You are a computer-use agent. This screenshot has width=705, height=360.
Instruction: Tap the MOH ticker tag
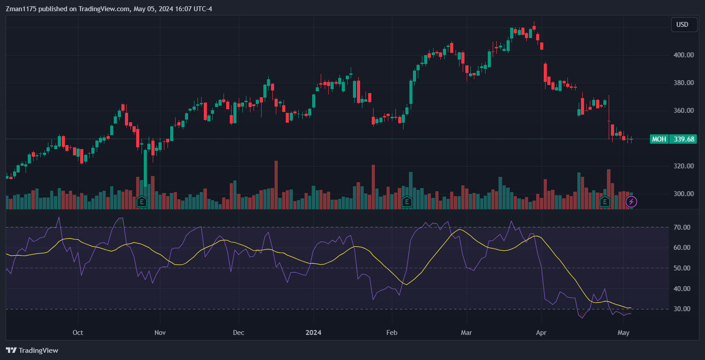point(659,139)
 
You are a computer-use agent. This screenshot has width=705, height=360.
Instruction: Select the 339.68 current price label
point(684,139)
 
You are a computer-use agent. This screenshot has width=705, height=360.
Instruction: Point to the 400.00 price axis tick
point(684,55)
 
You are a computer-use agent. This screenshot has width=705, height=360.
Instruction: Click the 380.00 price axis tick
point(684,83)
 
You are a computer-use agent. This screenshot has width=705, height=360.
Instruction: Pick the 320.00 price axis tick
point(684,166)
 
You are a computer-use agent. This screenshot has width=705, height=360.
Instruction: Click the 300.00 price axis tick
point(684,194)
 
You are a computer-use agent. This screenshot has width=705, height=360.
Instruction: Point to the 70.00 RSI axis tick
point(682,227)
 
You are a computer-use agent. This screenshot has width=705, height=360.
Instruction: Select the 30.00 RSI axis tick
point(682,309)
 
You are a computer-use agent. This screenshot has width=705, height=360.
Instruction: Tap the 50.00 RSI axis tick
point(682,268)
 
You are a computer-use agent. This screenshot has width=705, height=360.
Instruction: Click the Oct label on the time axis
point(78,333)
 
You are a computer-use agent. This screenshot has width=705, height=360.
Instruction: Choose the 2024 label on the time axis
point(313,333)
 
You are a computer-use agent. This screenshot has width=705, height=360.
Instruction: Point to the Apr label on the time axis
point(541,333)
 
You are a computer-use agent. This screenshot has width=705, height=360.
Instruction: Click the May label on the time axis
point(623,333)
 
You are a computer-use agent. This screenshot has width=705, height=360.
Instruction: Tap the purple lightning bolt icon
point(631,202)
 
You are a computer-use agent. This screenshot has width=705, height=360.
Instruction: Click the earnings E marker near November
point(142,202)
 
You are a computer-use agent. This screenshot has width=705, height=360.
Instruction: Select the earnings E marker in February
point(407,202)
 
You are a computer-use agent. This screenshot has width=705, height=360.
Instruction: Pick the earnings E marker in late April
point(605,202)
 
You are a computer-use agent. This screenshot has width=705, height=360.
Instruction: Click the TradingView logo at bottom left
point(32,351)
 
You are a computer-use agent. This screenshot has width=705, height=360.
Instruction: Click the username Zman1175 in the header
point(21,9)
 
